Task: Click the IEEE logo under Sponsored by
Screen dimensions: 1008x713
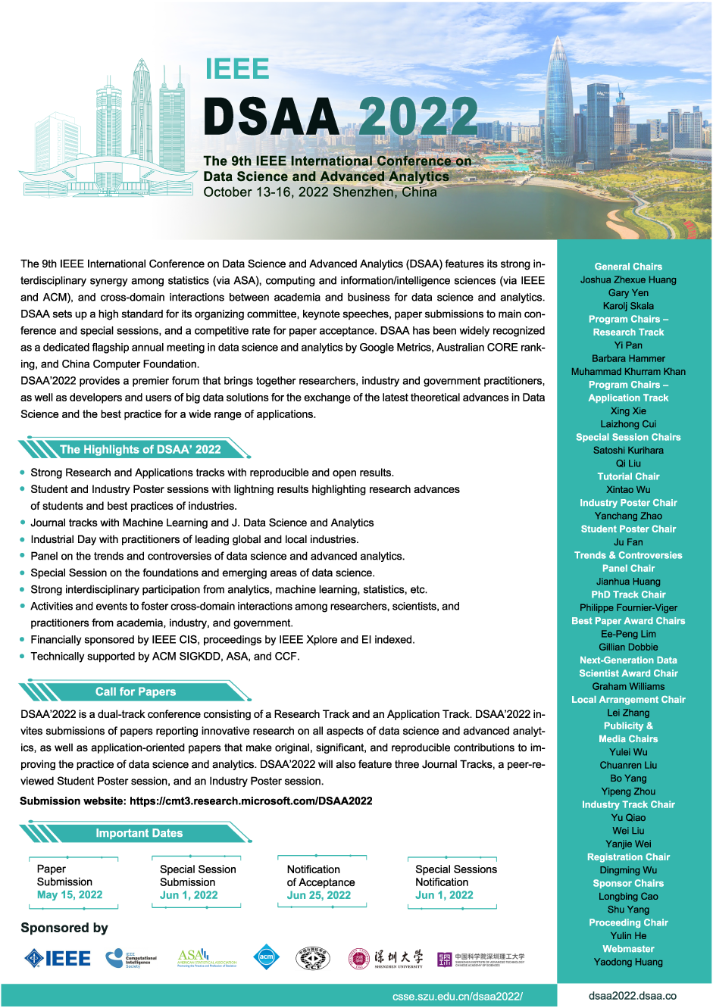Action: click(58, 959)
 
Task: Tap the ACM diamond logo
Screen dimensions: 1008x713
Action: click(266, 958)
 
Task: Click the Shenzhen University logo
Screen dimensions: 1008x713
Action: click(386, 959)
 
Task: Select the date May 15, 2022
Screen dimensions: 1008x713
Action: click(70, 895)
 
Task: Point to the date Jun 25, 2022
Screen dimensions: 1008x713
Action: click(319, 895)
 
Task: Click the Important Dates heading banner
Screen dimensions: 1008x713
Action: click(139, 833)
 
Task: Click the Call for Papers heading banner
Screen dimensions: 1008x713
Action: click(136, 691)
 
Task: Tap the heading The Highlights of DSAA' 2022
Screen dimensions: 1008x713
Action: click(140, 449)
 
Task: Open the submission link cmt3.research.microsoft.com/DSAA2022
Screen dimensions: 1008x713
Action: click(251, 800)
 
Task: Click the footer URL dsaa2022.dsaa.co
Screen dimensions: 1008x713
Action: click(633, 996)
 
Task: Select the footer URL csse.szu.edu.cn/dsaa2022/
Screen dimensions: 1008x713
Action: click(458, 997)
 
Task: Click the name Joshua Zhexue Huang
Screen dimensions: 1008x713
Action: click(628, 279)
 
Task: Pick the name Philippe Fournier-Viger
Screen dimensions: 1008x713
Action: click(628, 607)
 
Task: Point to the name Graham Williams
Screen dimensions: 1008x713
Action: click(628, 686)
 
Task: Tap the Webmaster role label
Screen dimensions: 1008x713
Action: click(628, 949)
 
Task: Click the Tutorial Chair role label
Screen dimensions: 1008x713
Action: click(628, 476)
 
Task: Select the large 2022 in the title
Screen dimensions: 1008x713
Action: click(418, 117)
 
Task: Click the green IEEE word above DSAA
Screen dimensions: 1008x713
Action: click(237, 69)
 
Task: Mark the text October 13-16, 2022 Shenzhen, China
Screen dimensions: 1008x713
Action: click(320, 192)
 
